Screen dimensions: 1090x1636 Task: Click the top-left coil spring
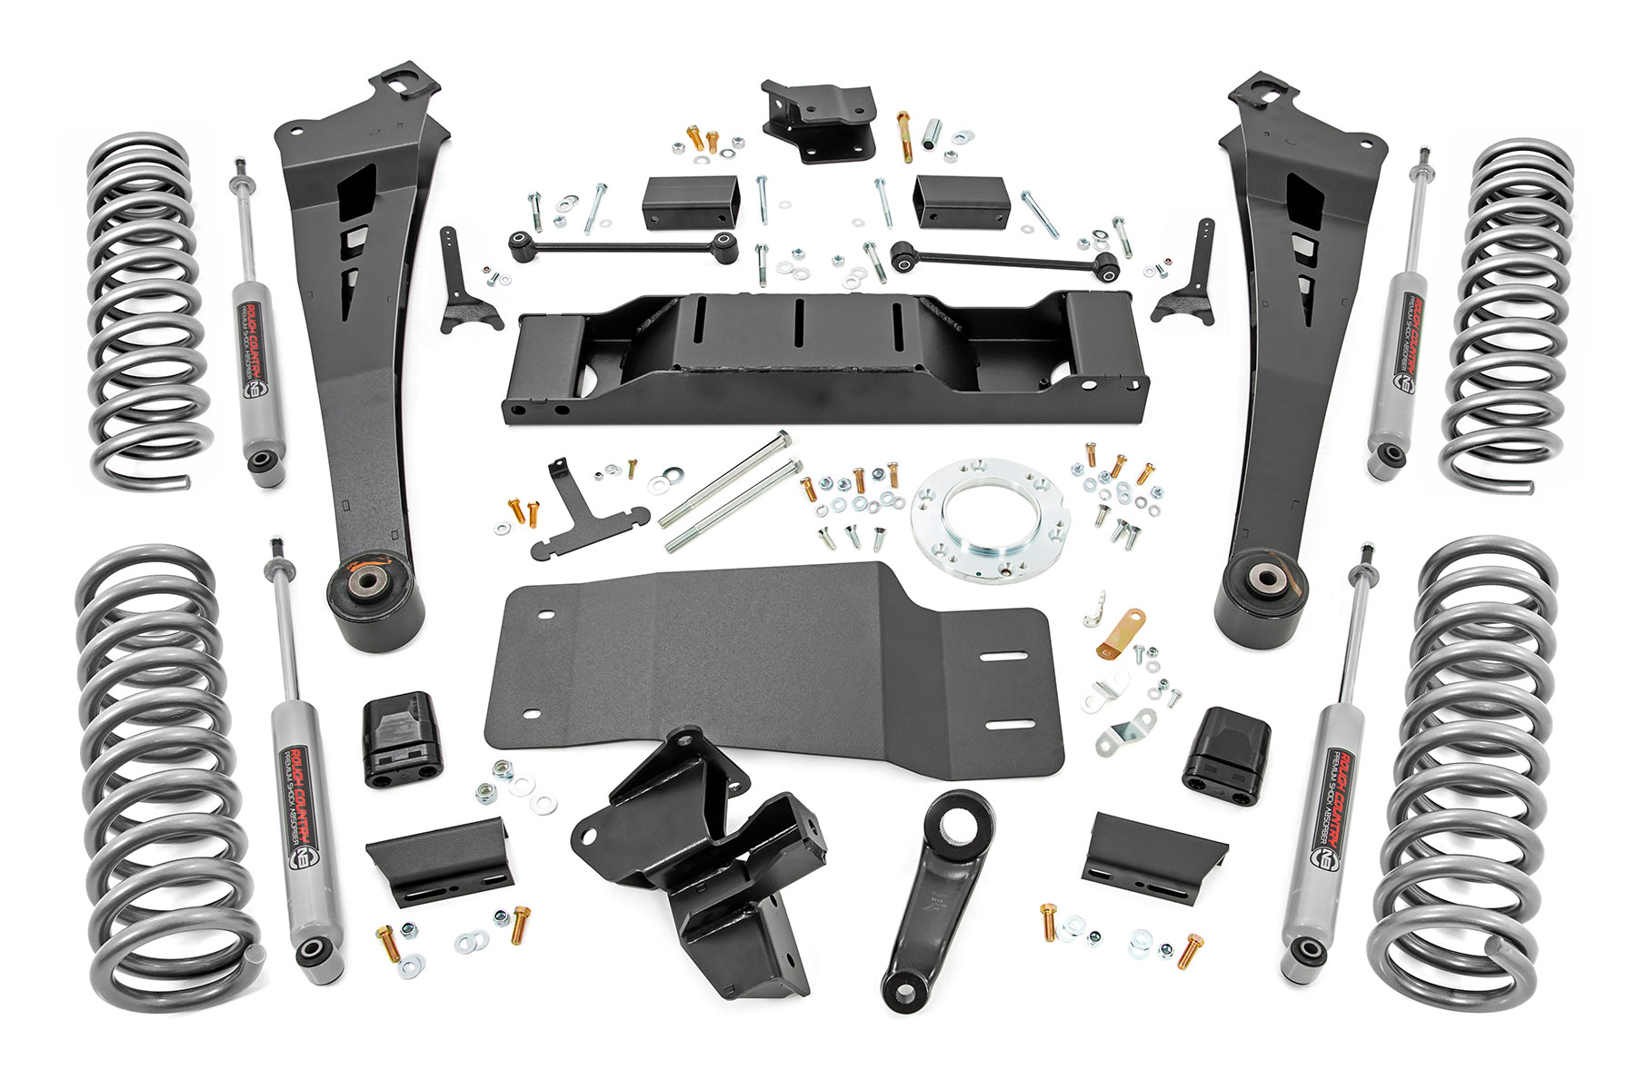point(145,309)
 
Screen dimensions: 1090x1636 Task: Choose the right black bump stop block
point(1227,749)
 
